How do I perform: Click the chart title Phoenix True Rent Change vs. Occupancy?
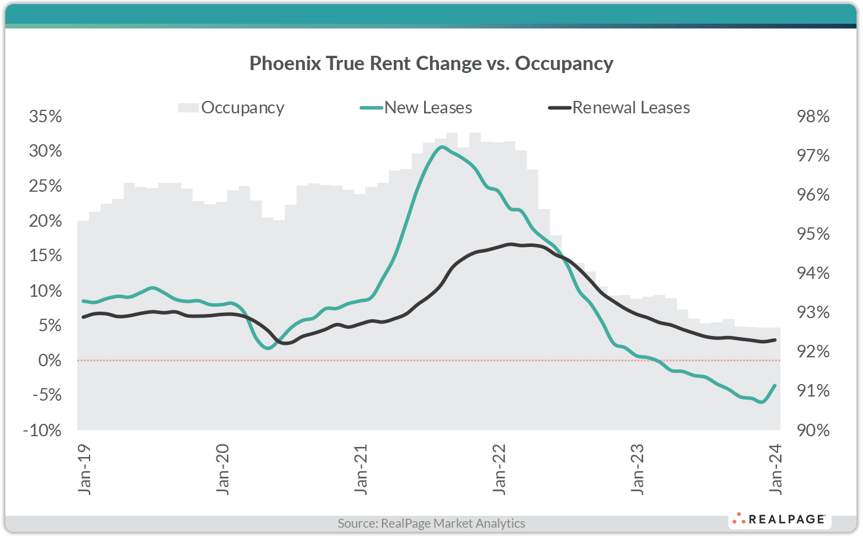431,63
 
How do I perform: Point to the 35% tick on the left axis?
46,116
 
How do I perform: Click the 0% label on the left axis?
50,360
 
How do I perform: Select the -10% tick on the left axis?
42,430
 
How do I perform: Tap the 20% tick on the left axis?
46,221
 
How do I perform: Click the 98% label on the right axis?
813,116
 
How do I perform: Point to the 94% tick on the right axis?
813,273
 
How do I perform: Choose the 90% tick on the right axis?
813,430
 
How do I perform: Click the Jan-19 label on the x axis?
85,469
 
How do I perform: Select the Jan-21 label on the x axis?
361,469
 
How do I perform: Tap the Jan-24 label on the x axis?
775,469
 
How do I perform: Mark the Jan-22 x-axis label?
499,469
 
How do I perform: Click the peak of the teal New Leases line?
441,147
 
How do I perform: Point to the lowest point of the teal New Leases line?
761,402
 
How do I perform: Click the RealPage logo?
779,519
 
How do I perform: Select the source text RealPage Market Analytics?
431,524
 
